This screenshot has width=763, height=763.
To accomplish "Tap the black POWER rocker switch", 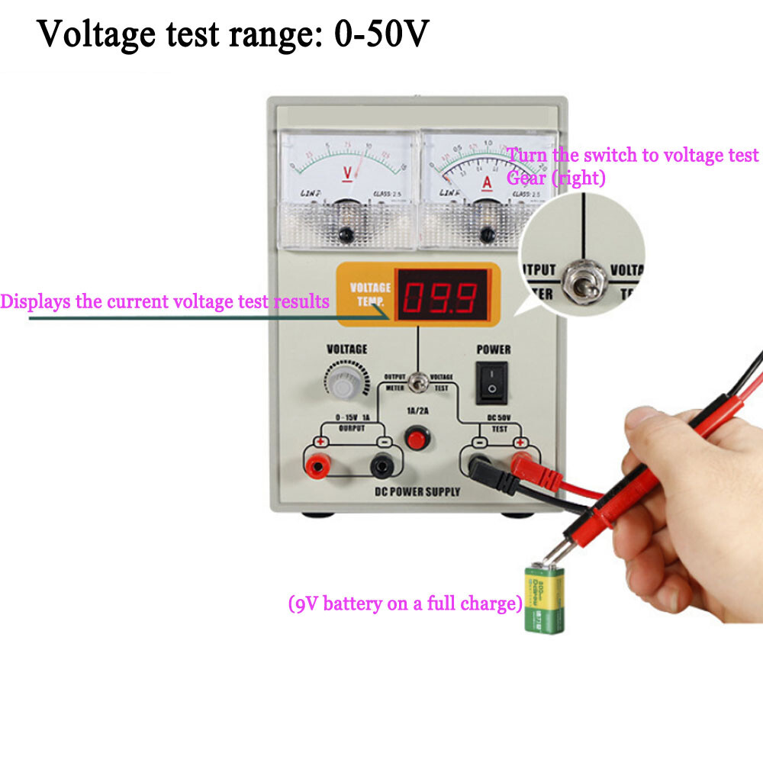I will point(493,381).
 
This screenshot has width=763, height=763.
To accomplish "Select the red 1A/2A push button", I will point(416,439).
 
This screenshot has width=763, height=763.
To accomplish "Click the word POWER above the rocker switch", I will point(494,349).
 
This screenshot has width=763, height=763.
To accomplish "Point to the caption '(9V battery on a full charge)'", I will point(404,604).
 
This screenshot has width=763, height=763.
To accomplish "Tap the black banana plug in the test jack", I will point(488,473).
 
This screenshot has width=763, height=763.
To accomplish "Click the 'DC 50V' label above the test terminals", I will point(499,418).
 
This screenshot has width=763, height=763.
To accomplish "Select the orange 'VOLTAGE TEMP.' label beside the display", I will point(370,294).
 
